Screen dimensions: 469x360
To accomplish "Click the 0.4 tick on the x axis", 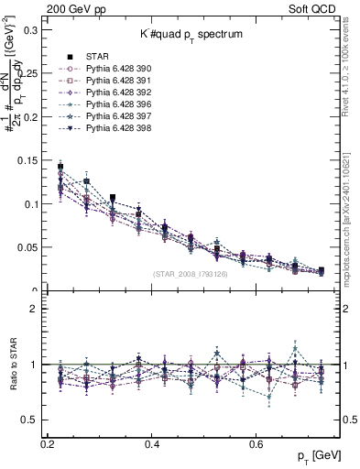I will pyautogui.click(x=153, y=443).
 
